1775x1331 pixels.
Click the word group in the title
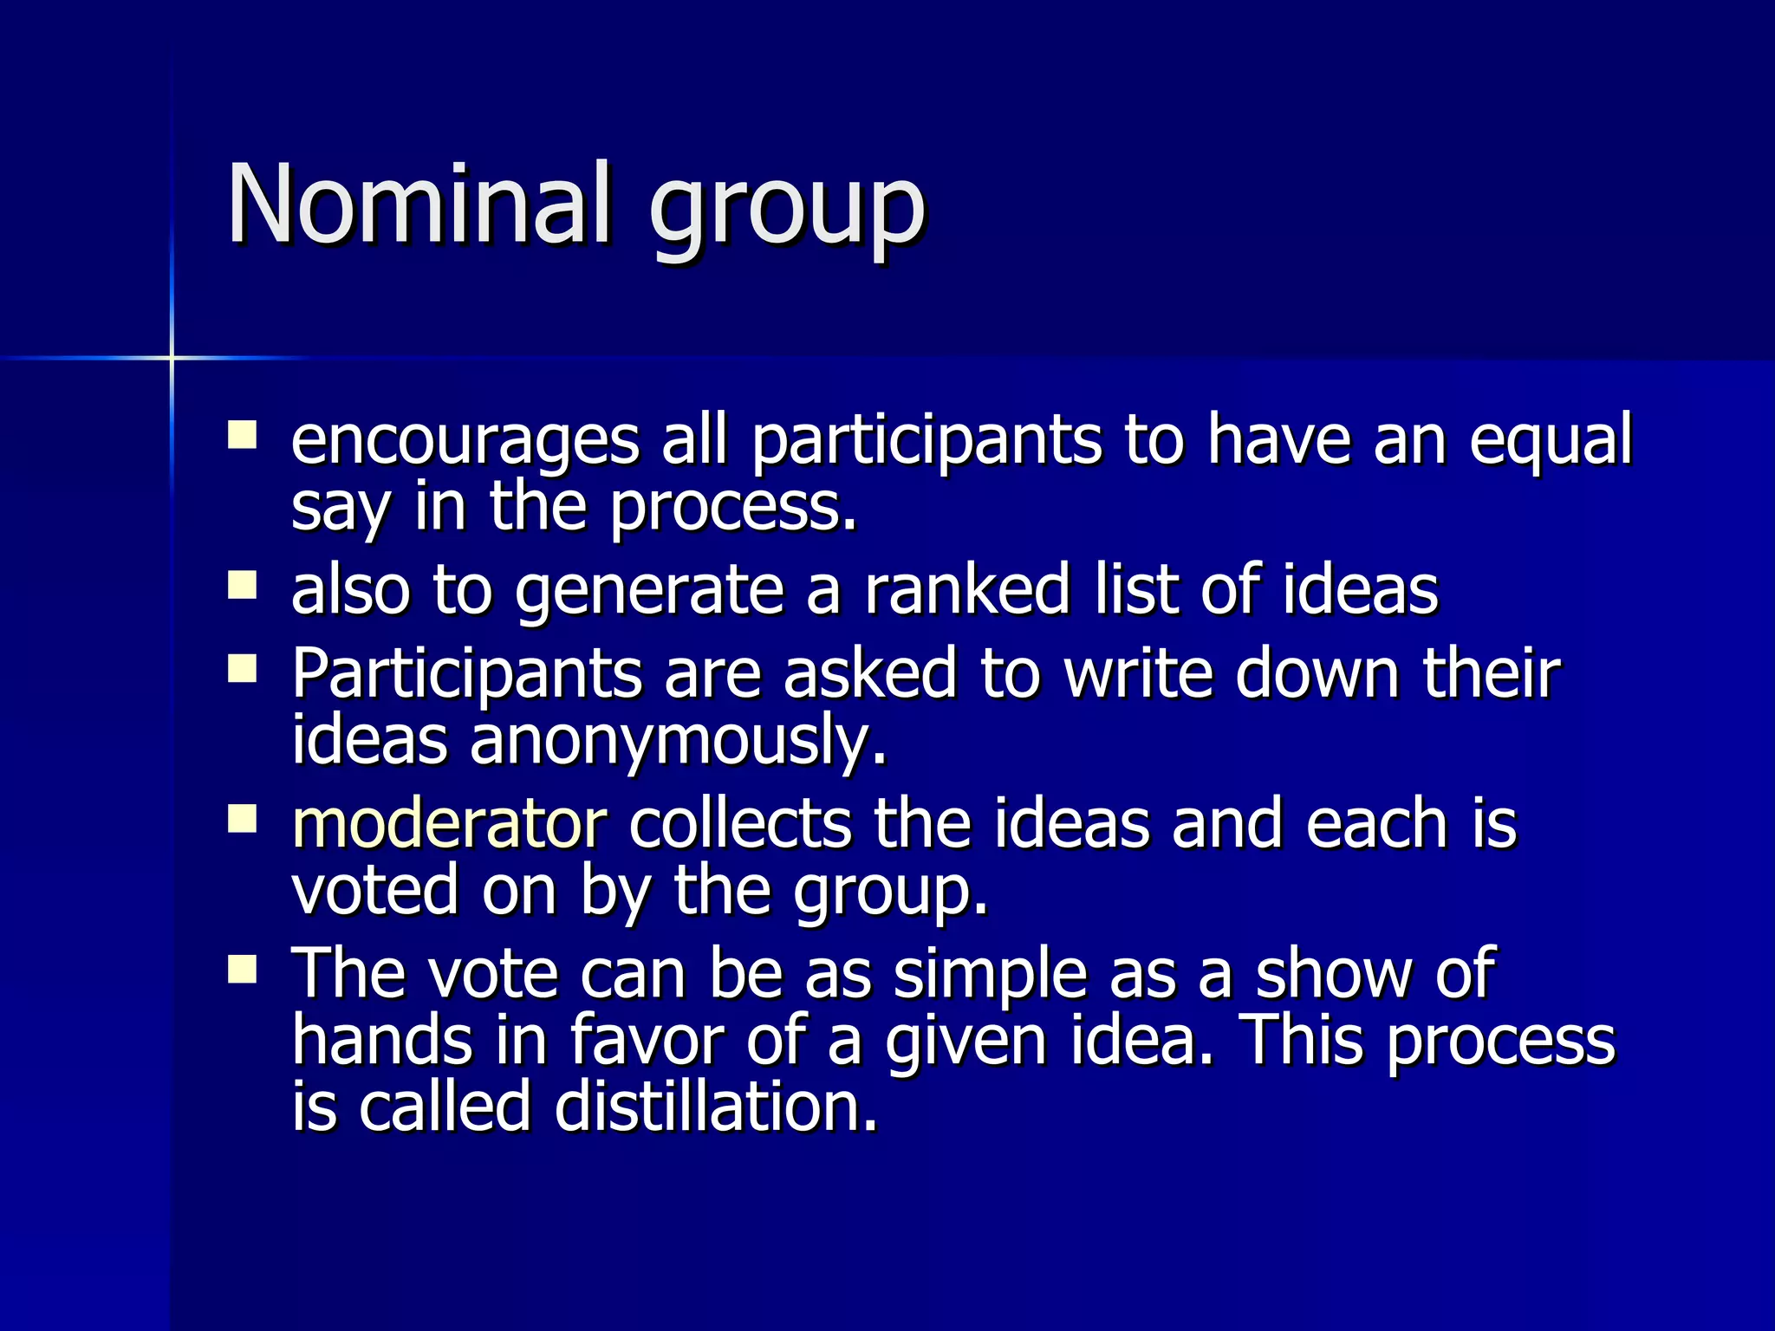pos(787,212)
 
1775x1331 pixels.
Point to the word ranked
pos(968,590)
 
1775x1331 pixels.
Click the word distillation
pos(716,1107)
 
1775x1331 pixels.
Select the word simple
pos(990,973)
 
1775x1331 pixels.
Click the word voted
pos(374,890)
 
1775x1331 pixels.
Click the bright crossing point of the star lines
pos(172,357)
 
